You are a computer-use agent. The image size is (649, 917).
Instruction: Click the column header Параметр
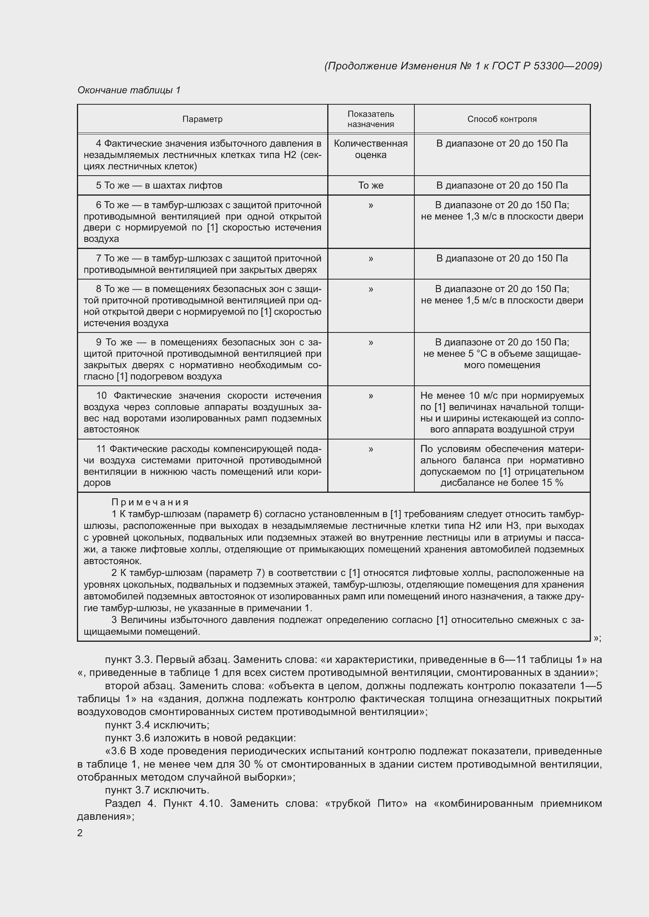(x=202, y=119)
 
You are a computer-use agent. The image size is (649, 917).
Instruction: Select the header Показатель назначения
(x=370, y=119)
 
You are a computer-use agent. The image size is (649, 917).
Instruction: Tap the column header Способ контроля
(x=502, y=119)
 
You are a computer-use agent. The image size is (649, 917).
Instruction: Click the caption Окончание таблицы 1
(x=129, y=90)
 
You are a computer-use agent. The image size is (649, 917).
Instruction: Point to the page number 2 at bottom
(x=80, y=833)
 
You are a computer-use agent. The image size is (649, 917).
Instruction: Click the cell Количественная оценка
(x=370, y=149)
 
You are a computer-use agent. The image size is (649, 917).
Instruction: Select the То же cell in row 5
(x=370, y=185)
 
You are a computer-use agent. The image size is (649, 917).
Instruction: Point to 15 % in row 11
(x=552, y=483)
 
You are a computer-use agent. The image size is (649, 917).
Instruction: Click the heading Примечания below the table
(x=150, y=502)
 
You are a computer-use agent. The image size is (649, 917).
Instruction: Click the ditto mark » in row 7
(x=370, y=258)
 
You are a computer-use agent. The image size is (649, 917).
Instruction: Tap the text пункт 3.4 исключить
(x=157, y=725)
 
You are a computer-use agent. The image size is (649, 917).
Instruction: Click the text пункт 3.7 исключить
(x=157, y=790)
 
